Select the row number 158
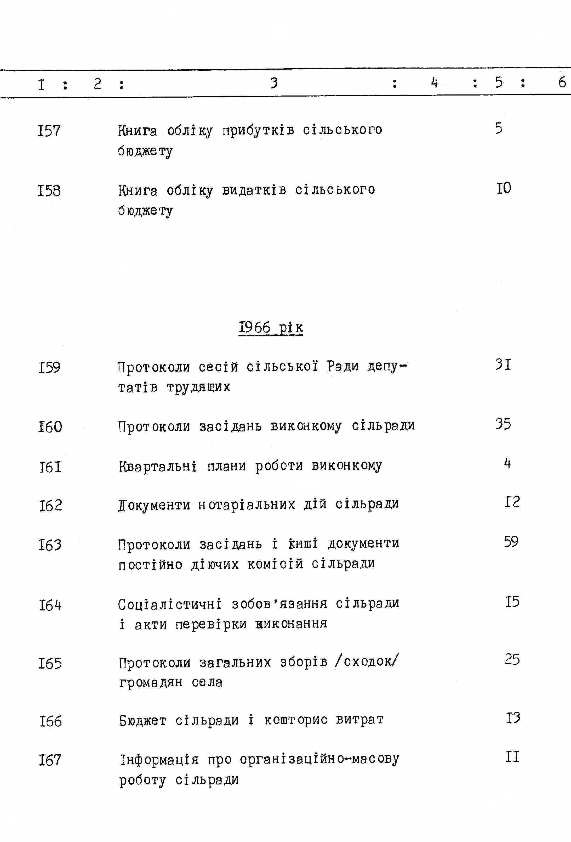[49, 190]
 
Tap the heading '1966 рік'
[271, 328]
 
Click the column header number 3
[274, 83]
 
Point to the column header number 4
[435, 83]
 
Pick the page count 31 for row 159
[503, 364]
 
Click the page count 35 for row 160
[503, 424]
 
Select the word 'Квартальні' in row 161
[158, 466]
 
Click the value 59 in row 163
[511, 542]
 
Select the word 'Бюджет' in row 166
[143, 721]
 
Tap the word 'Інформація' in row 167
[159, 759]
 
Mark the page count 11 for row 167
[512, 757]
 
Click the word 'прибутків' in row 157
[258, 130]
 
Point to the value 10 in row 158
[504, 188]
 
